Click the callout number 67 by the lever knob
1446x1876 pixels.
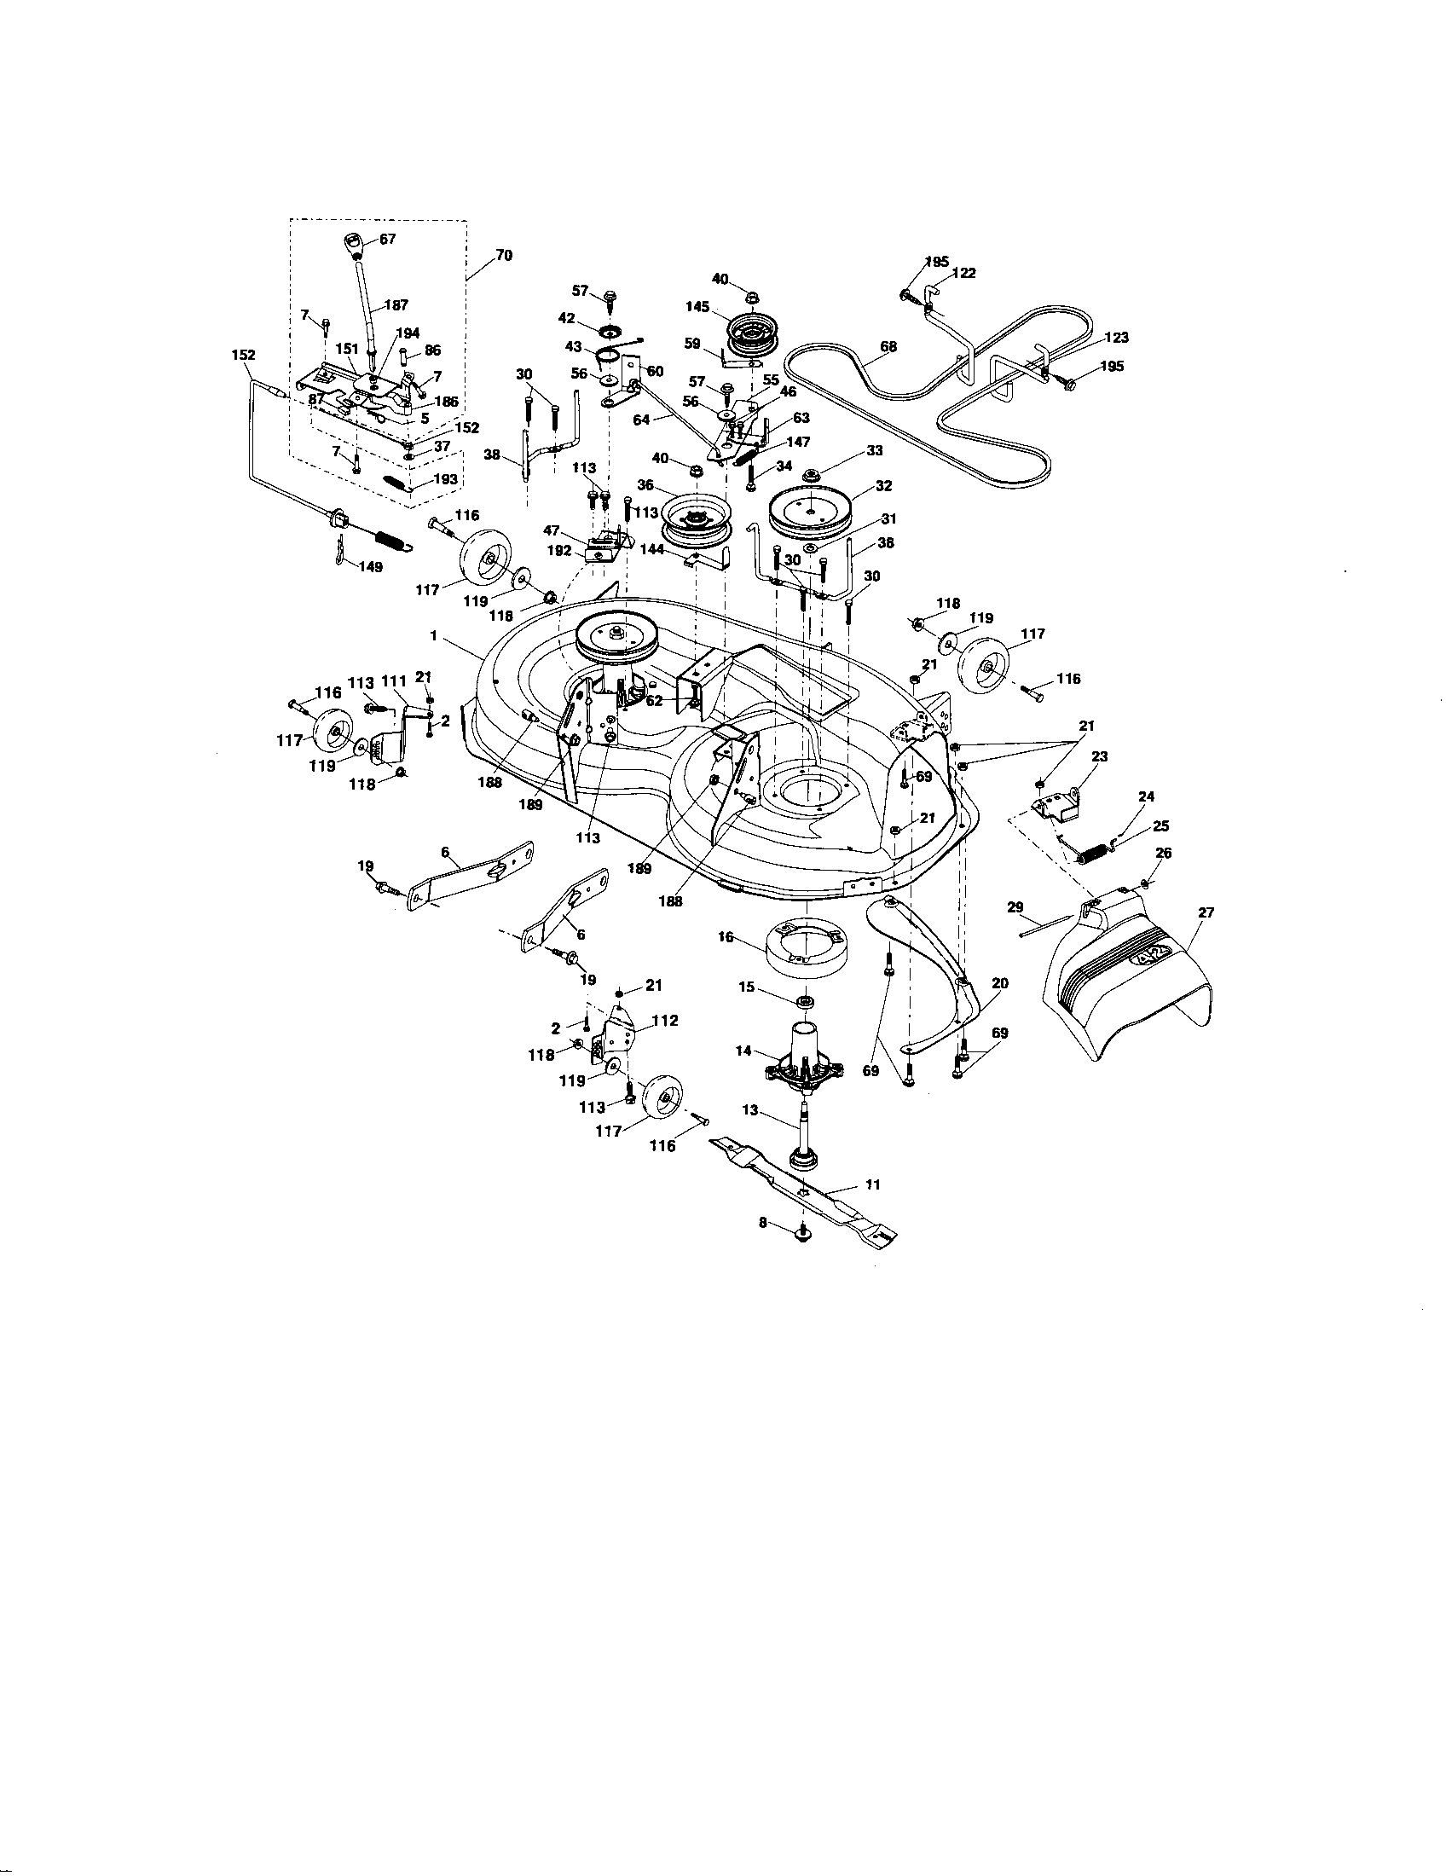[x=387, y=240]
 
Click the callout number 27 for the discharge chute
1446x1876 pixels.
[x=1206, y=913]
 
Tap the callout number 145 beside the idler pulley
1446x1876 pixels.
[x=697, y=307]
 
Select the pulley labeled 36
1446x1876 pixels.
[x=696, y=521]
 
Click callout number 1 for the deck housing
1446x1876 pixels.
[x=435, y=635]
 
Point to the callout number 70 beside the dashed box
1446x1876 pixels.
[x=503, y=256]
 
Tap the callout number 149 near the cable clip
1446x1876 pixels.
[x=371, y=567]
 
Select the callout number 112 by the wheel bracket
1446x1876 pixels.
[x=665, y=1021]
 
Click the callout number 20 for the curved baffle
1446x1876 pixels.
[x=1000, y=982]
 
